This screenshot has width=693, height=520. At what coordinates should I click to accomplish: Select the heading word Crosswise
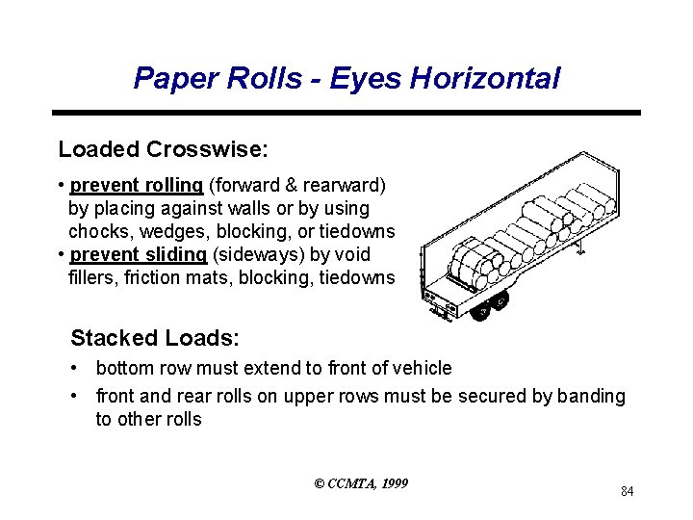(x=207, y=149)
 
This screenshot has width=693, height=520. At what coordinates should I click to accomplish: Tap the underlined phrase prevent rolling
(x=137, y=184)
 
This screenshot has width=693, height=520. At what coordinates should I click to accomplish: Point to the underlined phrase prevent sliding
(x=139, y=254)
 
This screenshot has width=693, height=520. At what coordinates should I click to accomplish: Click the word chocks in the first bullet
(x=99, y=231)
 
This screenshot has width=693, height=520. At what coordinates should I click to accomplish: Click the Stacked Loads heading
(x=155, y=338)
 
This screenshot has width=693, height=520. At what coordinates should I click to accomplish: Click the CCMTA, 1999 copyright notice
(x=361, y=482)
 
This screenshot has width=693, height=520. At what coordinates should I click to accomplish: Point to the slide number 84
(x=627, y=492)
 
